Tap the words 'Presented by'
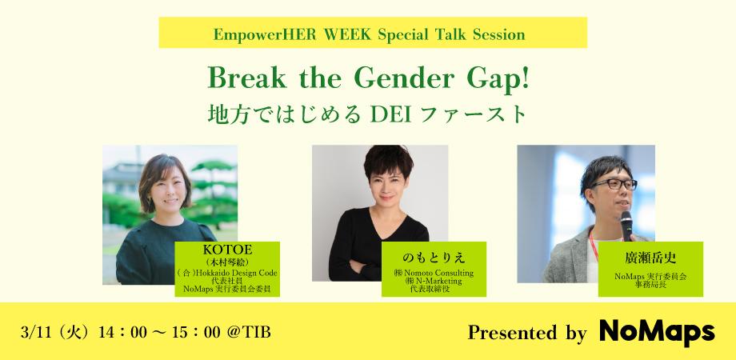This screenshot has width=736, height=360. pos(526,333)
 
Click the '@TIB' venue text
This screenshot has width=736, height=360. pos(250,332)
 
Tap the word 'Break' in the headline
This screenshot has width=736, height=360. pos(241,80)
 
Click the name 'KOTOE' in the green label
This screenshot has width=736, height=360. pos(229,250)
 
